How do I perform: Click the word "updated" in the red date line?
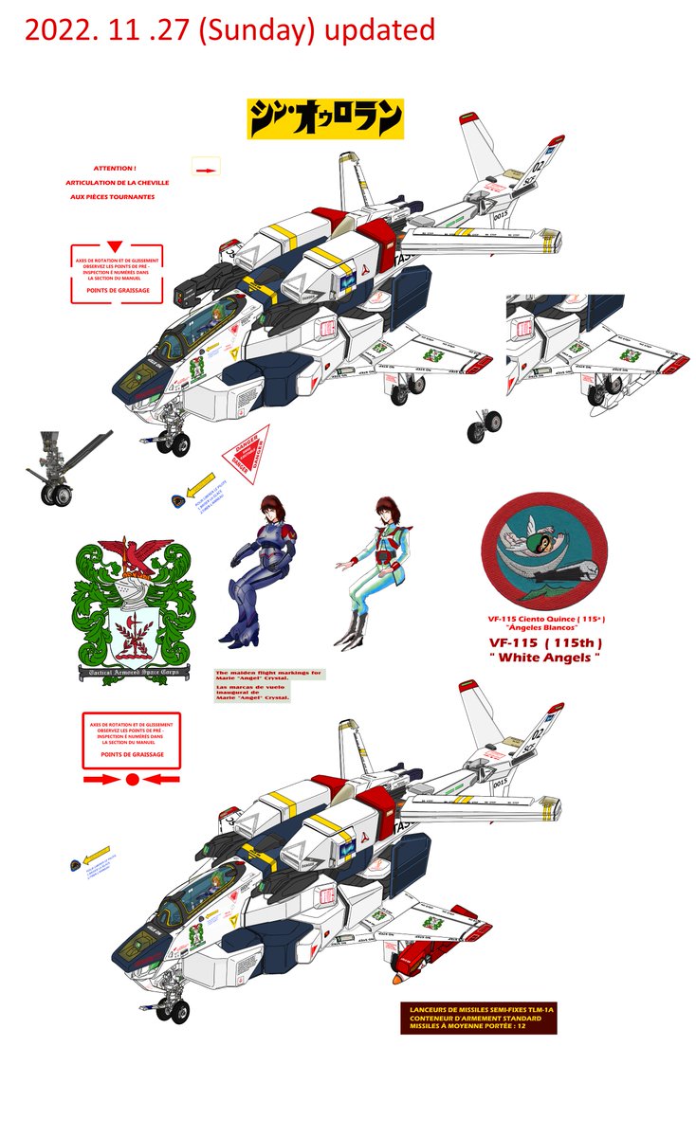378,30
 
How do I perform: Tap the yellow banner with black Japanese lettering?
325,118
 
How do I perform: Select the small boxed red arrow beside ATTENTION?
205,168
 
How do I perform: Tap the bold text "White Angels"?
544,658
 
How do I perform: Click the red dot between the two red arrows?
133,780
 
